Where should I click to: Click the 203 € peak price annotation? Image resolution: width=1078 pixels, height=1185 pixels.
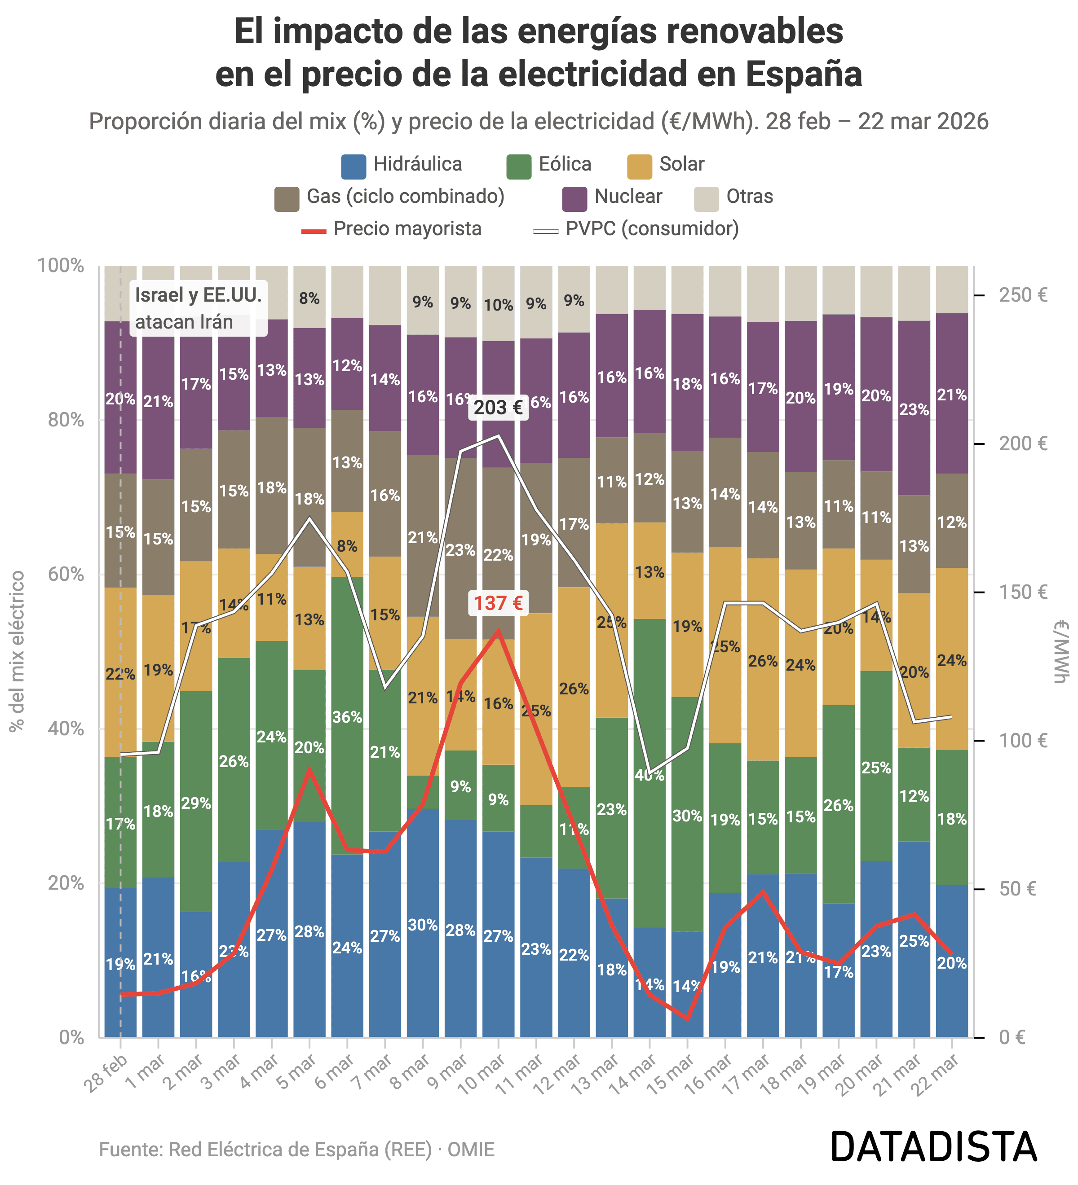[498, 408]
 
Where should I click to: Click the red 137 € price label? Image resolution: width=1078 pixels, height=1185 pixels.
[498, 603]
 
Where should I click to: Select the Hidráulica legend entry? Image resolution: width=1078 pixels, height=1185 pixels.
[402, 165]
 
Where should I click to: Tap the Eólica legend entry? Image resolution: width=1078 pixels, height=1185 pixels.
[549, 165]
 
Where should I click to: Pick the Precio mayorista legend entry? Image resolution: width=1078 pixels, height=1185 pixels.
[392, 229]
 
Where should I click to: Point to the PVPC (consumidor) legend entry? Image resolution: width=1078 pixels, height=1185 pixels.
[636, 229]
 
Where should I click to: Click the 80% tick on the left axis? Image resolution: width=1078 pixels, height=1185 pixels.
[61, 420]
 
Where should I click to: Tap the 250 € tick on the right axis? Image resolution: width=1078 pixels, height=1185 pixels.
[1023, 295]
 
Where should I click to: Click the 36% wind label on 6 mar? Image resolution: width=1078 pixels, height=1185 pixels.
[347, 717]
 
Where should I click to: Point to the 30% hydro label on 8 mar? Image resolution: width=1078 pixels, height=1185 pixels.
[423, 925]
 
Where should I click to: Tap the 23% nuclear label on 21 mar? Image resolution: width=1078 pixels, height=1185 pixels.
[914, 410]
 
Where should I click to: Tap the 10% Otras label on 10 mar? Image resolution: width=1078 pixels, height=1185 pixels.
[498, 305]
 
